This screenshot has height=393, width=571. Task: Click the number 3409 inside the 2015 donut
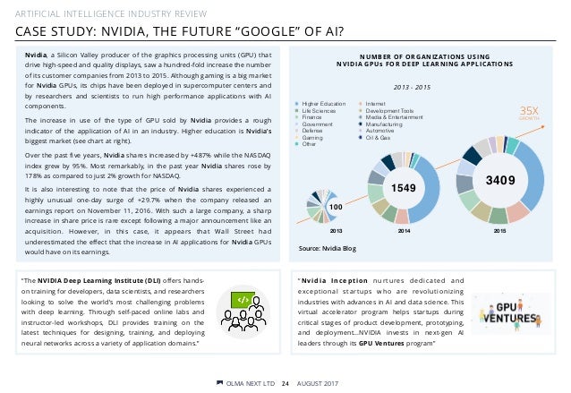[498, 179]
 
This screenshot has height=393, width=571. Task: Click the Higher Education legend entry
[326, 104]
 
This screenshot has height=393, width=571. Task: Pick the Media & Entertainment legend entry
[395, 117]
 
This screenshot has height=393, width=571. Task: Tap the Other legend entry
[312, 144]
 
